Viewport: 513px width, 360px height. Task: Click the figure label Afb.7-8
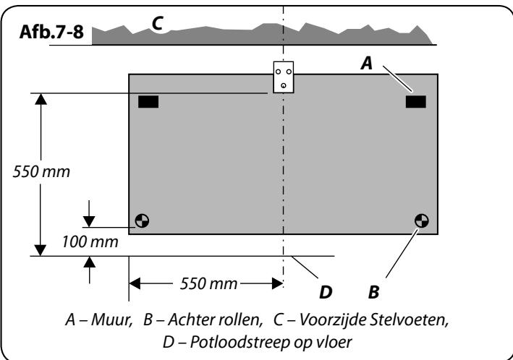coord(51,32)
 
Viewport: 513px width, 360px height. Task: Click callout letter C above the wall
coord(157,23)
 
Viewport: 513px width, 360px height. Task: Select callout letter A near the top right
coord(367,63)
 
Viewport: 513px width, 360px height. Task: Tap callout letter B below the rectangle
coord(373,292)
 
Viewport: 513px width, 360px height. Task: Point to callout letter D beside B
coord(326,292)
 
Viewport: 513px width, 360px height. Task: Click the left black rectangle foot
coord(148,102)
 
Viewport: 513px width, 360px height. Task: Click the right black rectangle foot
coord(416,102)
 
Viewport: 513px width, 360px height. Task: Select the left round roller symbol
coord(142,220)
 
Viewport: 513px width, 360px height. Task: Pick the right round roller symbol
coord(421,220)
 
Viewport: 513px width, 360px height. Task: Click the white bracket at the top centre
coord(284,77)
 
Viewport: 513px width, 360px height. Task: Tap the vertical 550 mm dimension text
coord(41,171)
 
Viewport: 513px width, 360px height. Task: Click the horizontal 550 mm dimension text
coord(208,283)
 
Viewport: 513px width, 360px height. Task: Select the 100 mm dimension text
coord(90,242)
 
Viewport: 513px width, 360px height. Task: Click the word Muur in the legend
coord(111,320)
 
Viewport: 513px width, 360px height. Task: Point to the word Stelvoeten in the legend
coord(409,320)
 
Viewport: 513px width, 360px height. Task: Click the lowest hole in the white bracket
coord(284,86)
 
